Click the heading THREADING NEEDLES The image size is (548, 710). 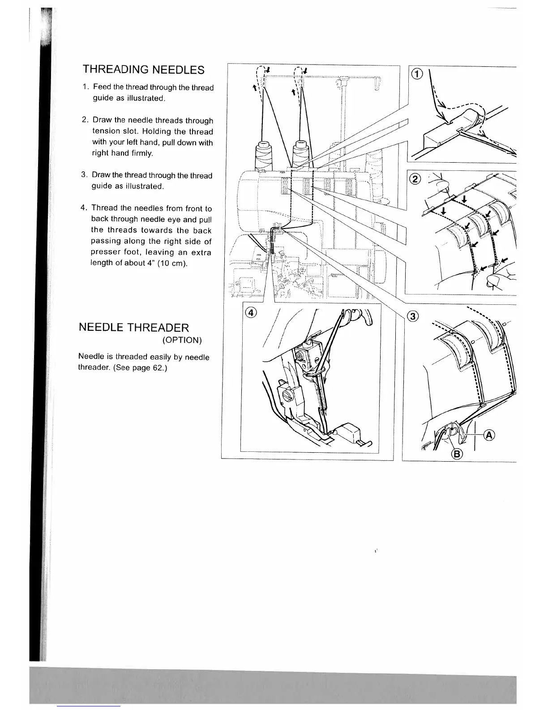[143, 70]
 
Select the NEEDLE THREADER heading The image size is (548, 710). [134, 327]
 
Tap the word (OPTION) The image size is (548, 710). [182, 340]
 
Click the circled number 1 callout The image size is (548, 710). [416, 75]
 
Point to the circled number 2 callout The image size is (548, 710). [415, 179]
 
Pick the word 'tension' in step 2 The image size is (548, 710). [107, 131]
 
